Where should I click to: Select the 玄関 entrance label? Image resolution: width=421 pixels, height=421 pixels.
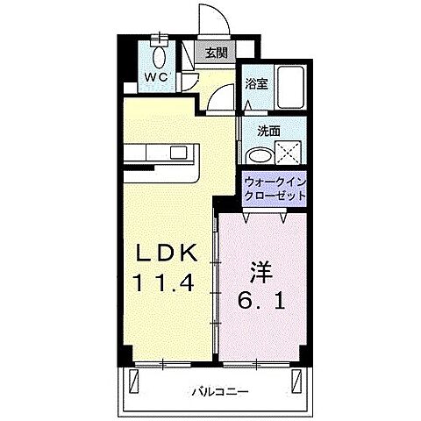coord(217,52)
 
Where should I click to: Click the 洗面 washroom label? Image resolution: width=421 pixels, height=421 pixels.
coord(268,131)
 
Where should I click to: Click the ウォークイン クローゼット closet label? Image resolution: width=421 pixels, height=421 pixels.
coord(275,188)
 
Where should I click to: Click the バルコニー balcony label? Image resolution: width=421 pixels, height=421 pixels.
coord(220,393)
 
